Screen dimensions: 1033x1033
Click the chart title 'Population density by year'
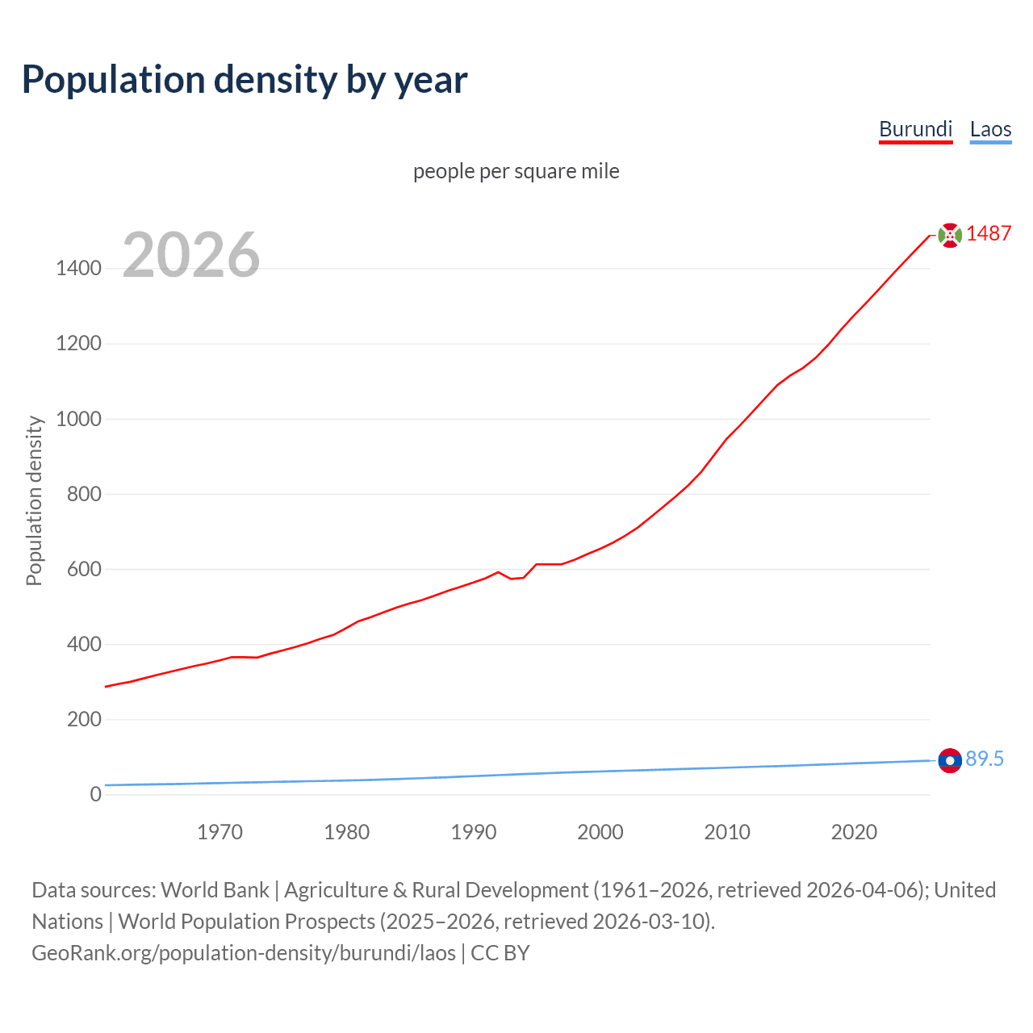245,80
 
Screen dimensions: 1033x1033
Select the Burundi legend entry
915,129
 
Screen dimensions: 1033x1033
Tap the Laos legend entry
990,129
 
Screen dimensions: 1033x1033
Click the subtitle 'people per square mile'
516,171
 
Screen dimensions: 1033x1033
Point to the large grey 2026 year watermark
191,255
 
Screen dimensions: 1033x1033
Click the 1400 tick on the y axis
78,269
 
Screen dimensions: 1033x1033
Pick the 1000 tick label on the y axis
78,419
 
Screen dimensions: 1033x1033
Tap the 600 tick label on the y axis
84,569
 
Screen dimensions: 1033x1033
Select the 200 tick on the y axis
84,719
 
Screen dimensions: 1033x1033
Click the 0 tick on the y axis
96,794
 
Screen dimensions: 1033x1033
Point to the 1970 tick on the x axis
220,832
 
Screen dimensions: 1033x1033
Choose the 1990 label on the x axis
474,832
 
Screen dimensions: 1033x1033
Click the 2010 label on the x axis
727,832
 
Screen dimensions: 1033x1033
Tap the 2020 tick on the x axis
854,832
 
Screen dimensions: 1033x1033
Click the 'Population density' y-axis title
34,500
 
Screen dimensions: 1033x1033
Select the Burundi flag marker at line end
950,235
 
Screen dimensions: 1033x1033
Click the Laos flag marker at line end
950,760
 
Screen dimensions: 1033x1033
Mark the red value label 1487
989,233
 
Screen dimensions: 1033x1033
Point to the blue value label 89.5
985,759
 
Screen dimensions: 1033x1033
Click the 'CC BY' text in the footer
500,953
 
